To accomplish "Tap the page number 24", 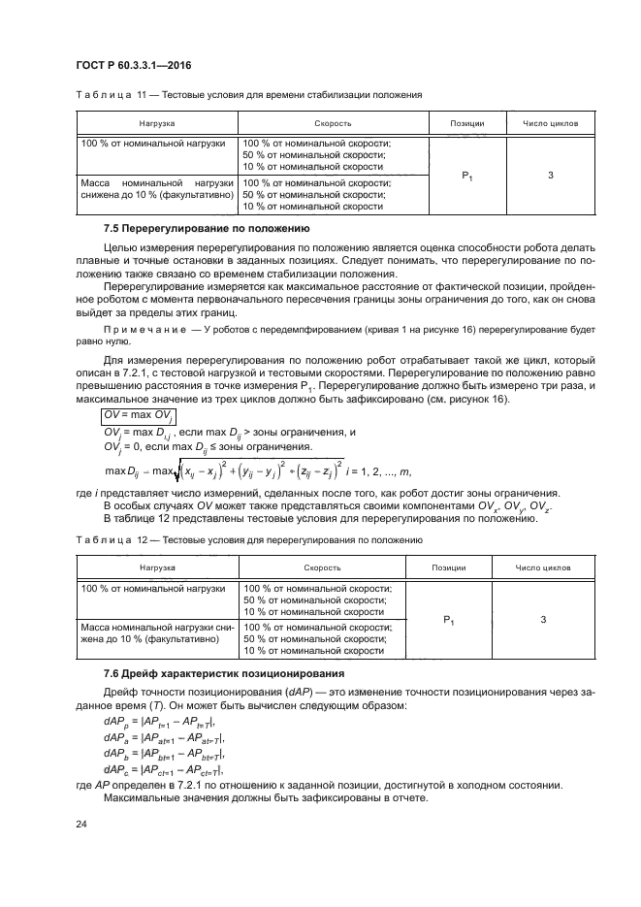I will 80,824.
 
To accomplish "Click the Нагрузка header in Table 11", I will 156,124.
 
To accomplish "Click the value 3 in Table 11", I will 550,176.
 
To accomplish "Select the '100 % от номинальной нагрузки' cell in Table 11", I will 155,144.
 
